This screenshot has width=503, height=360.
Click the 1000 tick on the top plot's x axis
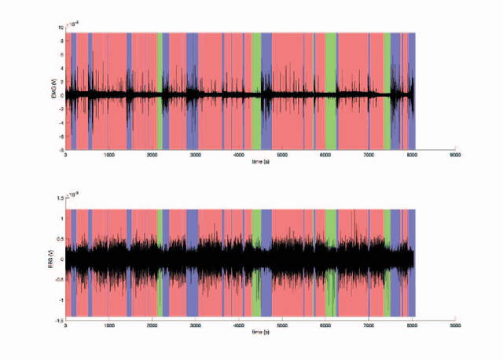108,154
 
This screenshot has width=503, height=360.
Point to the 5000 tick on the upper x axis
281,154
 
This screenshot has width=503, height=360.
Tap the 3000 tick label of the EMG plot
195,154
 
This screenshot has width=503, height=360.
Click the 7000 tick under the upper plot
368,154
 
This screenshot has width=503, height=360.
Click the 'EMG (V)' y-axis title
51,91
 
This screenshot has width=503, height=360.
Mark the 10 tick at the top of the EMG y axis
61,27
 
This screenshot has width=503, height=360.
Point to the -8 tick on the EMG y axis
60,149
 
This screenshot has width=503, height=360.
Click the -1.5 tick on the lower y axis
58,320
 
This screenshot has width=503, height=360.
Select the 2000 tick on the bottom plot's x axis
152,325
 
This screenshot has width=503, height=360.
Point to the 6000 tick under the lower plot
325,325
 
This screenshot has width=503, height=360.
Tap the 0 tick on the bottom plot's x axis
66,325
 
